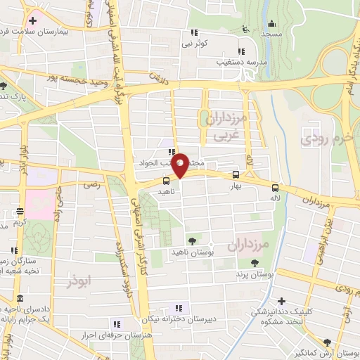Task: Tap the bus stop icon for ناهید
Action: (166, 181)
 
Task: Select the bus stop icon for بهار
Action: (236, 176)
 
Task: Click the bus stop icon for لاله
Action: (275, 188)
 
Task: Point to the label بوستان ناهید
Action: (211, 250)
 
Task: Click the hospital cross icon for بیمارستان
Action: (33, 20)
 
